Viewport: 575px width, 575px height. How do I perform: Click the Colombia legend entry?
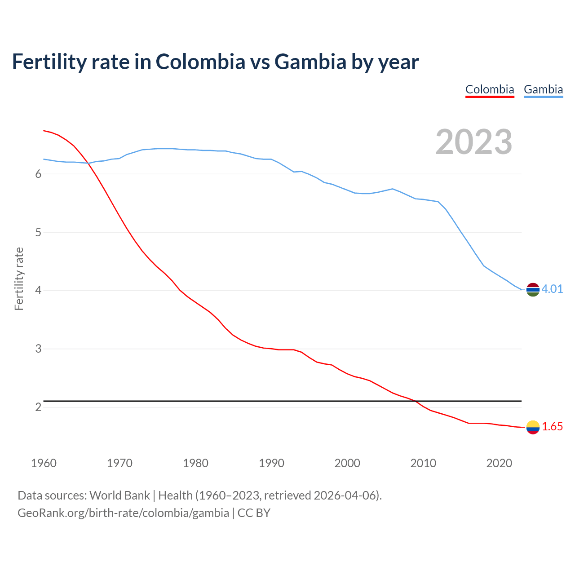tap(490, 89)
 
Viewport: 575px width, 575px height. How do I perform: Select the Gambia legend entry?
tap(543, 89)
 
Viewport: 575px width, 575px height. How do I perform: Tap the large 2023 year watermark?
tap(473, 142)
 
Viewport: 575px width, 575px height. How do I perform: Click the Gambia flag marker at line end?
tap(533, 290)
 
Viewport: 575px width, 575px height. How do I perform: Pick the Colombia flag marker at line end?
tap(533, 427)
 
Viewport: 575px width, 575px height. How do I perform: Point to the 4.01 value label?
tap(552, 289)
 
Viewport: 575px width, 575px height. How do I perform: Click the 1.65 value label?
tap(552, 426)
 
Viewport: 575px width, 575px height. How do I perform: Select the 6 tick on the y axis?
tap(38, 174)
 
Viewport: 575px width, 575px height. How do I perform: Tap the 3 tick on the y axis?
tap(38, 349)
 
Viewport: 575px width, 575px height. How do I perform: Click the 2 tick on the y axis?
tap(38, 407)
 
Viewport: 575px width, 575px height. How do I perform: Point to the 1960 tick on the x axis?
tap(44, 463)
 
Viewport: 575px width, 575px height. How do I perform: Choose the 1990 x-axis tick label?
tap(271, 463)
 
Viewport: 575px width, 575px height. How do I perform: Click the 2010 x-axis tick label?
tap(423, 463)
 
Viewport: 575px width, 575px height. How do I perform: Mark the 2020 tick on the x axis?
tap(499, 463)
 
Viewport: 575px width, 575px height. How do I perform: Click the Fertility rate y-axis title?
tap(19, 279)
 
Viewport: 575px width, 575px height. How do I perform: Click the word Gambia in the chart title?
tap(310, 62)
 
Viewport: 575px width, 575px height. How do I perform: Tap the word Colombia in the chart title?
tap(200, 62)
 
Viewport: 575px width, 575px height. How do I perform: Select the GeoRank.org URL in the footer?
tap(123, 513)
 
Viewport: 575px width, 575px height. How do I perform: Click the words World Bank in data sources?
tap(119, 495)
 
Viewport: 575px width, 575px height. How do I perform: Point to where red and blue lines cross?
tap(88, 163)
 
